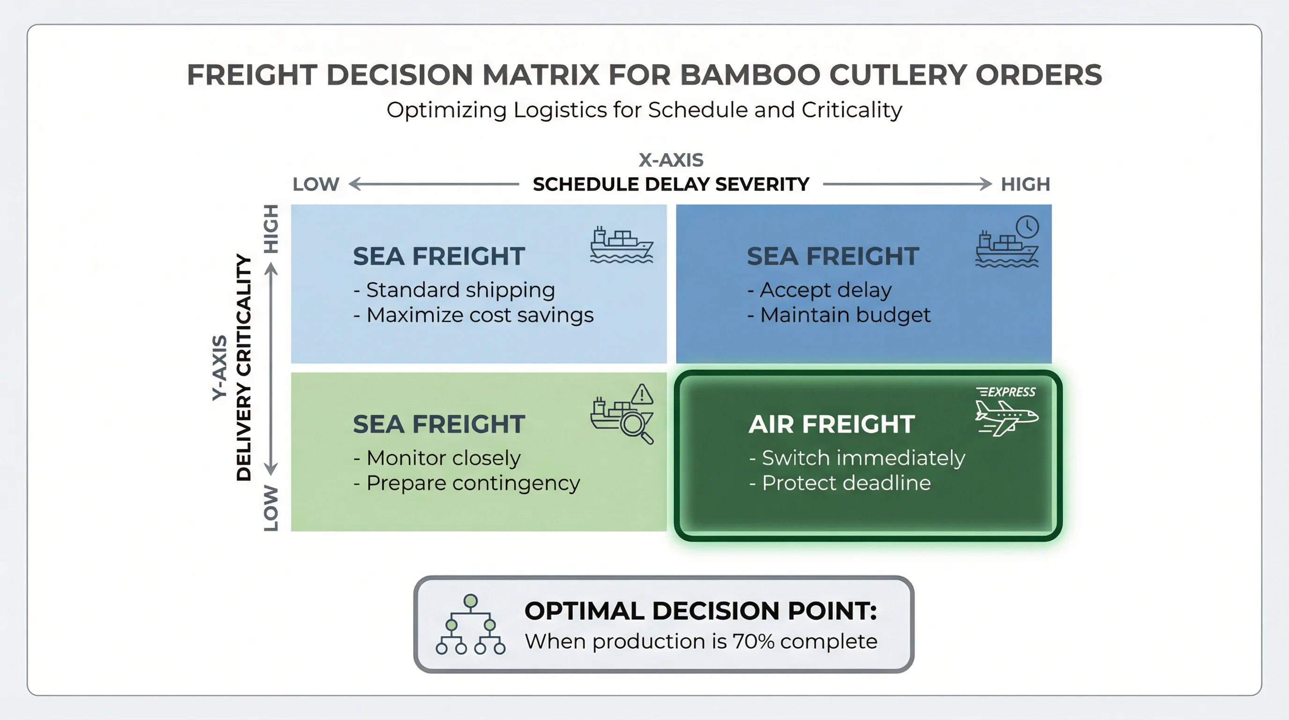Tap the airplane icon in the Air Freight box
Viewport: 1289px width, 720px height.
coord(1006,418)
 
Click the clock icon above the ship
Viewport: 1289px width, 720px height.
coord(1027,227)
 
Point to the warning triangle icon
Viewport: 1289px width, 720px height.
coord(642,395)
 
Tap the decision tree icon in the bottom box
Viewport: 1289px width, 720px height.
coord(470,625)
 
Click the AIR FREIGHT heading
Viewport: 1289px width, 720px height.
coord(832,424)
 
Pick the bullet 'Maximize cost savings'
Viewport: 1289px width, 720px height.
coord(479,315)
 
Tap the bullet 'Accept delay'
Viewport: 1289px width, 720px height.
coord(825,290)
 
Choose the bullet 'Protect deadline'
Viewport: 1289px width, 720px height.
coord(845,483)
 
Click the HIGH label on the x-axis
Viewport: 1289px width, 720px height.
coord(1025,184)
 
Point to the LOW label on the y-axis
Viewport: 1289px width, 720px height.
coord(271,508)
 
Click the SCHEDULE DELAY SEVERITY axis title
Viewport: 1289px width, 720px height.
coord(671,184)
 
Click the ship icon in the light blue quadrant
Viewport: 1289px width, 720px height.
coord(621,245)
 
